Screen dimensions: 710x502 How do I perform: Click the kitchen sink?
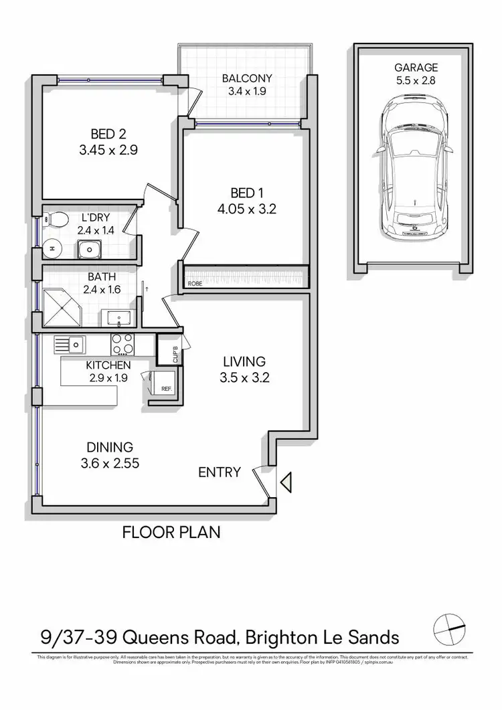[x=70, y=344]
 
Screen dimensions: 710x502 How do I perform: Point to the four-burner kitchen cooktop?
[x=122, y=344]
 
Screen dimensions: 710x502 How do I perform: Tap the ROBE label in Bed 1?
[x=195, y=283]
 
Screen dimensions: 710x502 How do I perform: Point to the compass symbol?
[x=449, y=628]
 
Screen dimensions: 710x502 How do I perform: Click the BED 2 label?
[x=108, y=132]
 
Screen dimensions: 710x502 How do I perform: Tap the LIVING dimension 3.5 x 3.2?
[x=244, y=377]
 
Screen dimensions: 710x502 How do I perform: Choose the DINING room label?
[x=110, y=447]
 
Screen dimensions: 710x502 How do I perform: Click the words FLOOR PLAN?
[x=171, y=533]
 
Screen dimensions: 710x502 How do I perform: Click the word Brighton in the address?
[x=284, y=636]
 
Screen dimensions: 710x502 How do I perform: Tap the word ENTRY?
[x=220, y=472]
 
